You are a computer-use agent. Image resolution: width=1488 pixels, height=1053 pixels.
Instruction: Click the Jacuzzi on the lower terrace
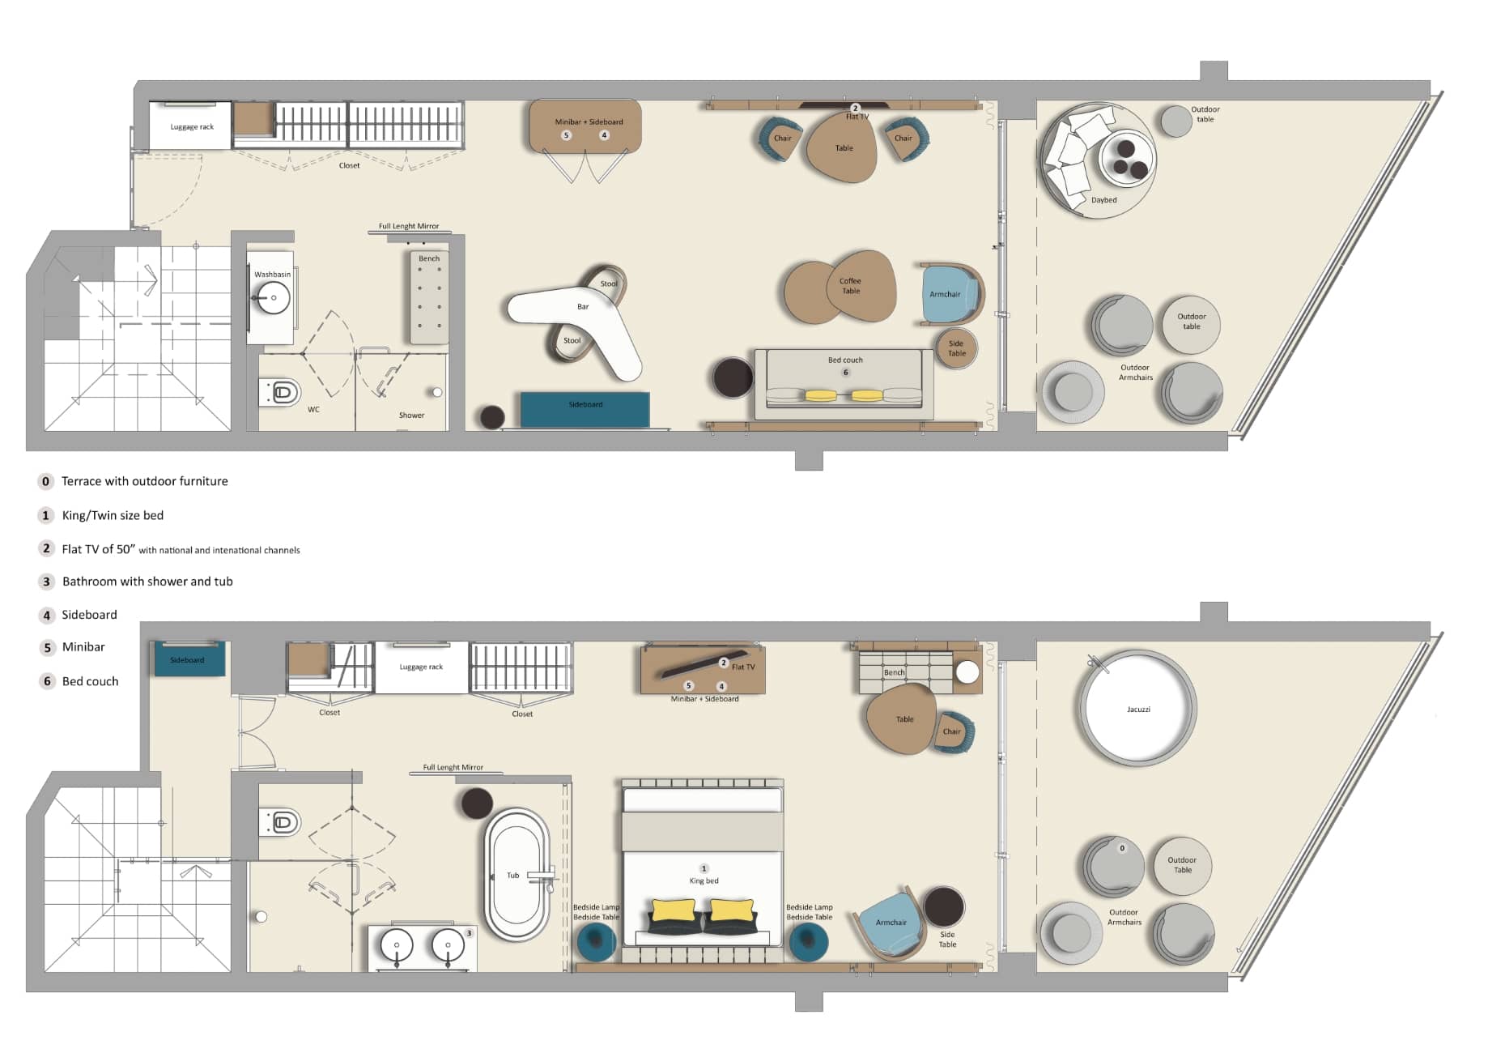coord(1137,708)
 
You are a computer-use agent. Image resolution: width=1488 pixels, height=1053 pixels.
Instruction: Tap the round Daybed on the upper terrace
coord(1097,160)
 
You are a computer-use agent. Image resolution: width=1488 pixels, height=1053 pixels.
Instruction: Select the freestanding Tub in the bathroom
coord(517,874)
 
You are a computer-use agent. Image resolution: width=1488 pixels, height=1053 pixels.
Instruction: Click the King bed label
coord(704,880)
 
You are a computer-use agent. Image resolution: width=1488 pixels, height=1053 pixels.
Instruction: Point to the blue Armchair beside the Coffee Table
coord(949,293)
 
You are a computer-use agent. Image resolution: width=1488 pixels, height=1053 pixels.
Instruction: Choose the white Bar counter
coord(579,320)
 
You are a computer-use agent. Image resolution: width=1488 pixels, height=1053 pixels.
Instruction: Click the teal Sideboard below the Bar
coord(585,409)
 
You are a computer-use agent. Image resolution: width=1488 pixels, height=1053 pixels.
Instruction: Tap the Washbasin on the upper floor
coord(271,297)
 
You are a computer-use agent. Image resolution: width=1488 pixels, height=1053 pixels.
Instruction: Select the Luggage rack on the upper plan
coord(191,126)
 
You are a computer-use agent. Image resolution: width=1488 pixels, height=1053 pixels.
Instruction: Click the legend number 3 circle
coord(47,582)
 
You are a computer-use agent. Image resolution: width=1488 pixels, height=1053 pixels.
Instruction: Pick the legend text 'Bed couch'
coord(90,681)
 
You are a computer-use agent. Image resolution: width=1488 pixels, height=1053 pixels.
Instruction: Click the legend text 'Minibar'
coord(83,646)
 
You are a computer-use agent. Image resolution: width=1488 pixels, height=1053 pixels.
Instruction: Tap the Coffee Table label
coord(850,286)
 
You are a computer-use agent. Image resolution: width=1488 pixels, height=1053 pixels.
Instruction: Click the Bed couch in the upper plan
coord(844,383)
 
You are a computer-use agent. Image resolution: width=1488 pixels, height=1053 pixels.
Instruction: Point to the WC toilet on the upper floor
coord(279,393)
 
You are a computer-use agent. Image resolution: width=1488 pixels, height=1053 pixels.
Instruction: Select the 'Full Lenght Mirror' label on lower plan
coord(453,767)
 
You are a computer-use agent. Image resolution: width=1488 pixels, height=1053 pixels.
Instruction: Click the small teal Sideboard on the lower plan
coord(189,659)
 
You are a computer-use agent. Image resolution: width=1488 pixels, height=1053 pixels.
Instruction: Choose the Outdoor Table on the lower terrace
coord(1182,865)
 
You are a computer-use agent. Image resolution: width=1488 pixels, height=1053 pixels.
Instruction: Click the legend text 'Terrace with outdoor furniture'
coord(145,481)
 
